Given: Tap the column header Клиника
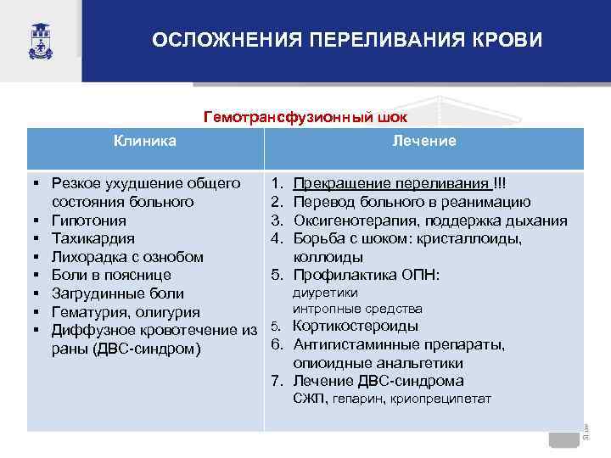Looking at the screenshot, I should pyautogui.click(x=145, y=141).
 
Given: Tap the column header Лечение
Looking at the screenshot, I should pyautogui.click(x=424, y=141).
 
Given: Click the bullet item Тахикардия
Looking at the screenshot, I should pyautogui.click(x=92, y=239).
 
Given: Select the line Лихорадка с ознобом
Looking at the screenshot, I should pyautogui.click(x=127, y=257).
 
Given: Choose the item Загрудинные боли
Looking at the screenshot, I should pyautogui.click(x=118, y=293).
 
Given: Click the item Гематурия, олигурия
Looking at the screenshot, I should pyautogui.click(x=126, y=312).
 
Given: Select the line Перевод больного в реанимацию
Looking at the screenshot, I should pyautogui.click(x=412, y=202).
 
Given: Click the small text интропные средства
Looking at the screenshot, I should pyautogui.click(x=357, y=310).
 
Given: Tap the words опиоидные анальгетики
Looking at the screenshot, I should pyautogui.click(x=378, y=363).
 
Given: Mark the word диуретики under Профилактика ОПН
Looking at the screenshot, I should pyautogui.click(x=325, y=293).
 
